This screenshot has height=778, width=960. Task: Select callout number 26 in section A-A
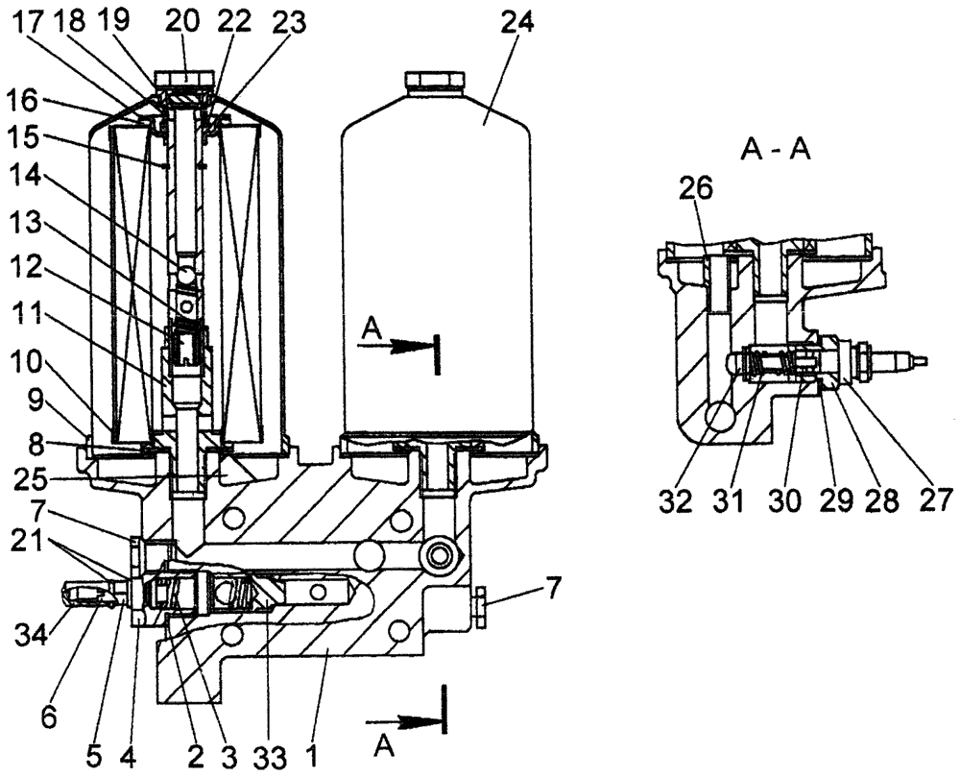[x=698, y=189]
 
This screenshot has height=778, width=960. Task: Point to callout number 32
[x=678, y=501]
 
